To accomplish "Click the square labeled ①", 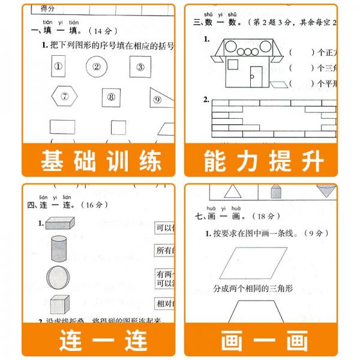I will [x=58, y=67].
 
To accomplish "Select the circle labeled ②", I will [x=96, y=67].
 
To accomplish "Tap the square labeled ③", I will [x=140, y=67].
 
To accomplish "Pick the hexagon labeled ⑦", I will [x=64, y=96].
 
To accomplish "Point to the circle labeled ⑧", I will [x=111, y=96].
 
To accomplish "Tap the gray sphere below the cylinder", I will [x=58, y=277].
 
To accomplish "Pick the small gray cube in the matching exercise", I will [x=60, y=305].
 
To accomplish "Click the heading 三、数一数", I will [x=218, y=22].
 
